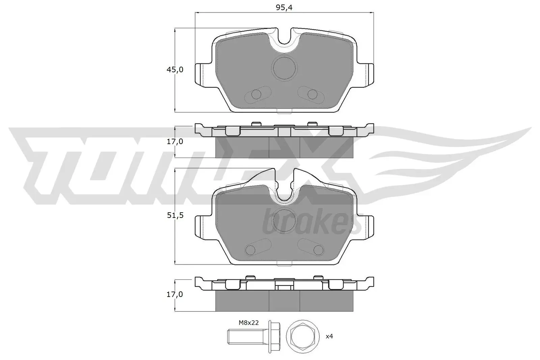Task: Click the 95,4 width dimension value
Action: [x=284, y=8]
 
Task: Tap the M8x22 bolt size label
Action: [x=249, y=323]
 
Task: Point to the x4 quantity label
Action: [x=329, y=336]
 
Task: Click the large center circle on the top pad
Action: [x=284, y=68]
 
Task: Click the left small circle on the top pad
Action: [x=256, y=94]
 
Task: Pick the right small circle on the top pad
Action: [x=312, y=94]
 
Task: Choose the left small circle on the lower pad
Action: [x=250, y=250]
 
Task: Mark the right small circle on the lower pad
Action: [x=318, y=250]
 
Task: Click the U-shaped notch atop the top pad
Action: [x=285, y=37]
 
